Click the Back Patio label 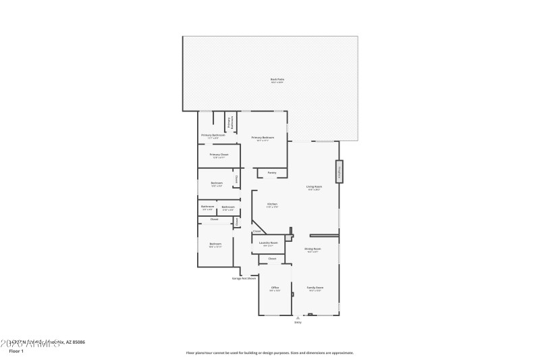277,80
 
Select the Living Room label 313,188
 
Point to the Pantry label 271,173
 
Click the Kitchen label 272,205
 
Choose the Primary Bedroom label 261,138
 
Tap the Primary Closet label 219,155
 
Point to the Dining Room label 312,250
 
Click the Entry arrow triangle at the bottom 298,317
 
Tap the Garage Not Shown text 244,278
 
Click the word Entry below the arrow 298,322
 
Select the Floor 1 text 16,351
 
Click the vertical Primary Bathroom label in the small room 230,122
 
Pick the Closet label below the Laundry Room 272,259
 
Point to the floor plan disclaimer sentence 269,353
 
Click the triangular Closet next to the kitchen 257,231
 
